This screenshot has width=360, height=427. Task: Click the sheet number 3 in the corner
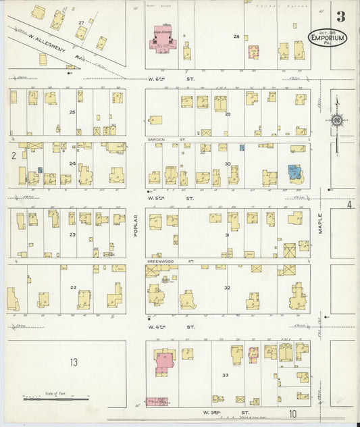click(341, 16)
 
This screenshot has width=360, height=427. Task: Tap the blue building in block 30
click(294, 173)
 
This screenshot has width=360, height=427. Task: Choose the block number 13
click(73, 362)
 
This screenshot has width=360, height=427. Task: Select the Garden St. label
click(157, 140)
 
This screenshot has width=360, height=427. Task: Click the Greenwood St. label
click(159, 261)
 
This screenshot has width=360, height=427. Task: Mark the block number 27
click(81, 23)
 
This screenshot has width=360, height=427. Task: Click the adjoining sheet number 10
click(293, 413)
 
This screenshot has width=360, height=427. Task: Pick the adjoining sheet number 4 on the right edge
click(349, 204)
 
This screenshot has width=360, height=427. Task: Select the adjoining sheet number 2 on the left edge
click(13, 155)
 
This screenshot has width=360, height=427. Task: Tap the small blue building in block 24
click(41, 170)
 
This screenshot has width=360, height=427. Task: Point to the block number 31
click(227, 235)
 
